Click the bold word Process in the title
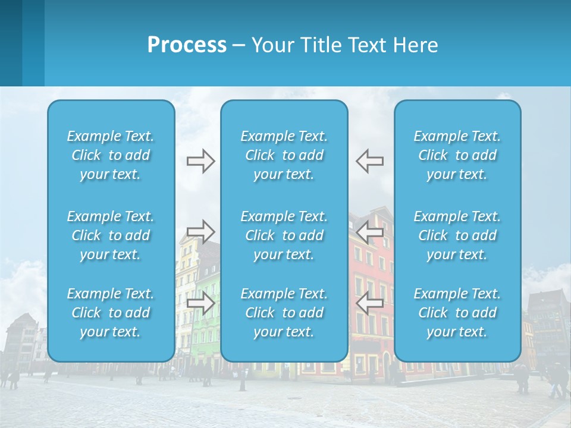coord(187,45)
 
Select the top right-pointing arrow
coord(200,161)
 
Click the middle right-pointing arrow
coord(200,231)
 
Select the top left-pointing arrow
coord(370,161)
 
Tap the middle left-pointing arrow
coord(370,231)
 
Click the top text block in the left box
coord(111,155)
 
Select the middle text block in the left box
coord(111,235)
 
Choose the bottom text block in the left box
coord(111,313)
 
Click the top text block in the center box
coord(284,155)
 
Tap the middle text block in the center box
coord(284,235)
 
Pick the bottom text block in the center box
coord(284,313)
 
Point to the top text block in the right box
coord(457,155)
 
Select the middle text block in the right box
coord(457,235)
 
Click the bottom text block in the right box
coord(457,313)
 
